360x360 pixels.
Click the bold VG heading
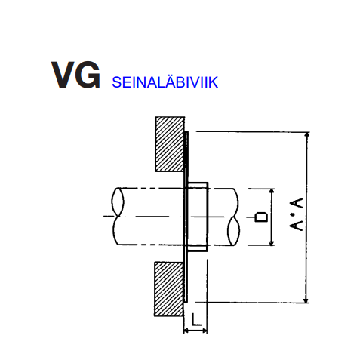tap(75, 75)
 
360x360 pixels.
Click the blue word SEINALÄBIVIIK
tap(165, 82)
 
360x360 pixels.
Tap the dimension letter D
tap(261, 217)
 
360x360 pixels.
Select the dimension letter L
tap(196, 319)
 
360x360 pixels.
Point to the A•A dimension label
tap(297, 214)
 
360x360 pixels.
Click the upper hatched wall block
tap(170, 144)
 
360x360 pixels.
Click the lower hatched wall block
tap(169, 289)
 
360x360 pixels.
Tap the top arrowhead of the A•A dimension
tap(306, 135)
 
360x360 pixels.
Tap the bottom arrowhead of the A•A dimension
tap(306, 300)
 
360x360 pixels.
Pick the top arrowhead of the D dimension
tap(272, 192)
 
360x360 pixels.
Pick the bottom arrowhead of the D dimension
tap(272, 242)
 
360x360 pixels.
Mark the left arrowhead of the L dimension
tap(186, 331)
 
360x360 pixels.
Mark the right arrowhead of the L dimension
tap(205, 331)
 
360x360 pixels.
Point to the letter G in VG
tap(88, 75)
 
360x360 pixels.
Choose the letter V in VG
tap(63, 75)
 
